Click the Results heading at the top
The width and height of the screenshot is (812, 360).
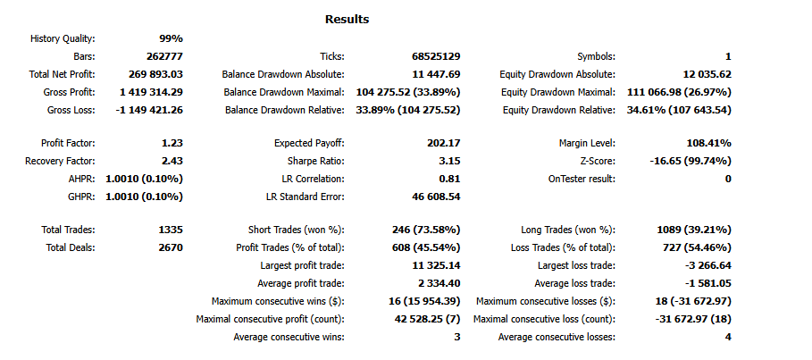(347, 20)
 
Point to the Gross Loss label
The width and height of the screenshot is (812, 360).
(71, 110)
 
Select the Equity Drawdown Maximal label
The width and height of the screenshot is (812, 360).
(557, 92)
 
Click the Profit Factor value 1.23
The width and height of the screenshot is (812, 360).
(170, 143)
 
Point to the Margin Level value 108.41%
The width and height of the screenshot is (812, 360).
(706, 143)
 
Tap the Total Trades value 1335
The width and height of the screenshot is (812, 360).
(167, 230)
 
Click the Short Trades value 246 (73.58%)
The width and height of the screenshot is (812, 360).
(426, 230)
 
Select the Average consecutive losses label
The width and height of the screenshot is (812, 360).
(557, 337)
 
